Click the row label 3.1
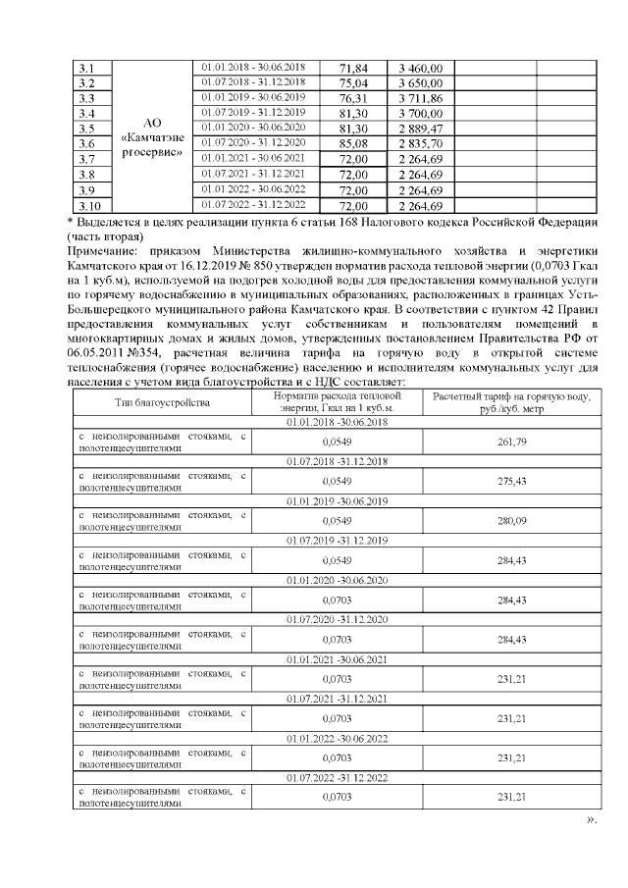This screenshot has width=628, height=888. pyautogui.click(x=85, y=68)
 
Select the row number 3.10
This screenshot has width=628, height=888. pyautogui.click(x=88, y=206)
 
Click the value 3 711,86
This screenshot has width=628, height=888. pyautogui.click(x=421, y=99)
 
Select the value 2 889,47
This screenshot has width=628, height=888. pyautogui.click(x=421, y=130)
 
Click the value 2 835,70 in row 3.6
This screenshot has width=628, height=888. pyautogui.click(x=421, y=144)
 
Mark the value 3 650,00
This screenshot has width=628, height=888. pyautogui.click(x=421, y=83)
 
